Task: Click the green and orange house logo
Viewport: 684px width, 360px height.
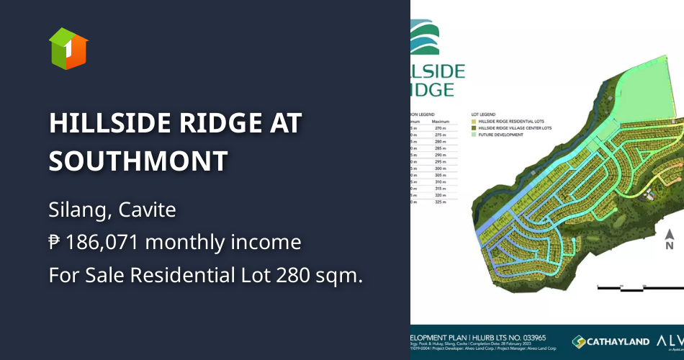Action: [68, 49]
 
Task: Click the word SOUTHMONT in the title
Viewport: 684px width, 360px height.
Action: [138, 161]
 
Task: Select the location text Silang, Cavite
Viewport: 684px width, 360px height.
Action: [112, 210]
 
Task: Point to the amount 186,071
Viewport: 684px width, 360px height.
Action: [104, 243]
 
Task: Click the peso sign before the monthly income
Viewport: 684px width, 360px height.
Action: [55, 243]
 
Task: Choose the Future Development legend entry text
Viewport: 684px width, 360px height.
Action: [501, 134]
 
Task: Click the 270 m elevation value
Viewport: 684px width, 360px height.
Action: [439, 127]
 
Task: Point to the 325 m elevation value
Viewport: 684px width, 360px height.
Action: [439, 202]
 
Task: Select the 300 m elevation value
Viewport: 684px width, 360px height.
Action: [439, 168]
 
